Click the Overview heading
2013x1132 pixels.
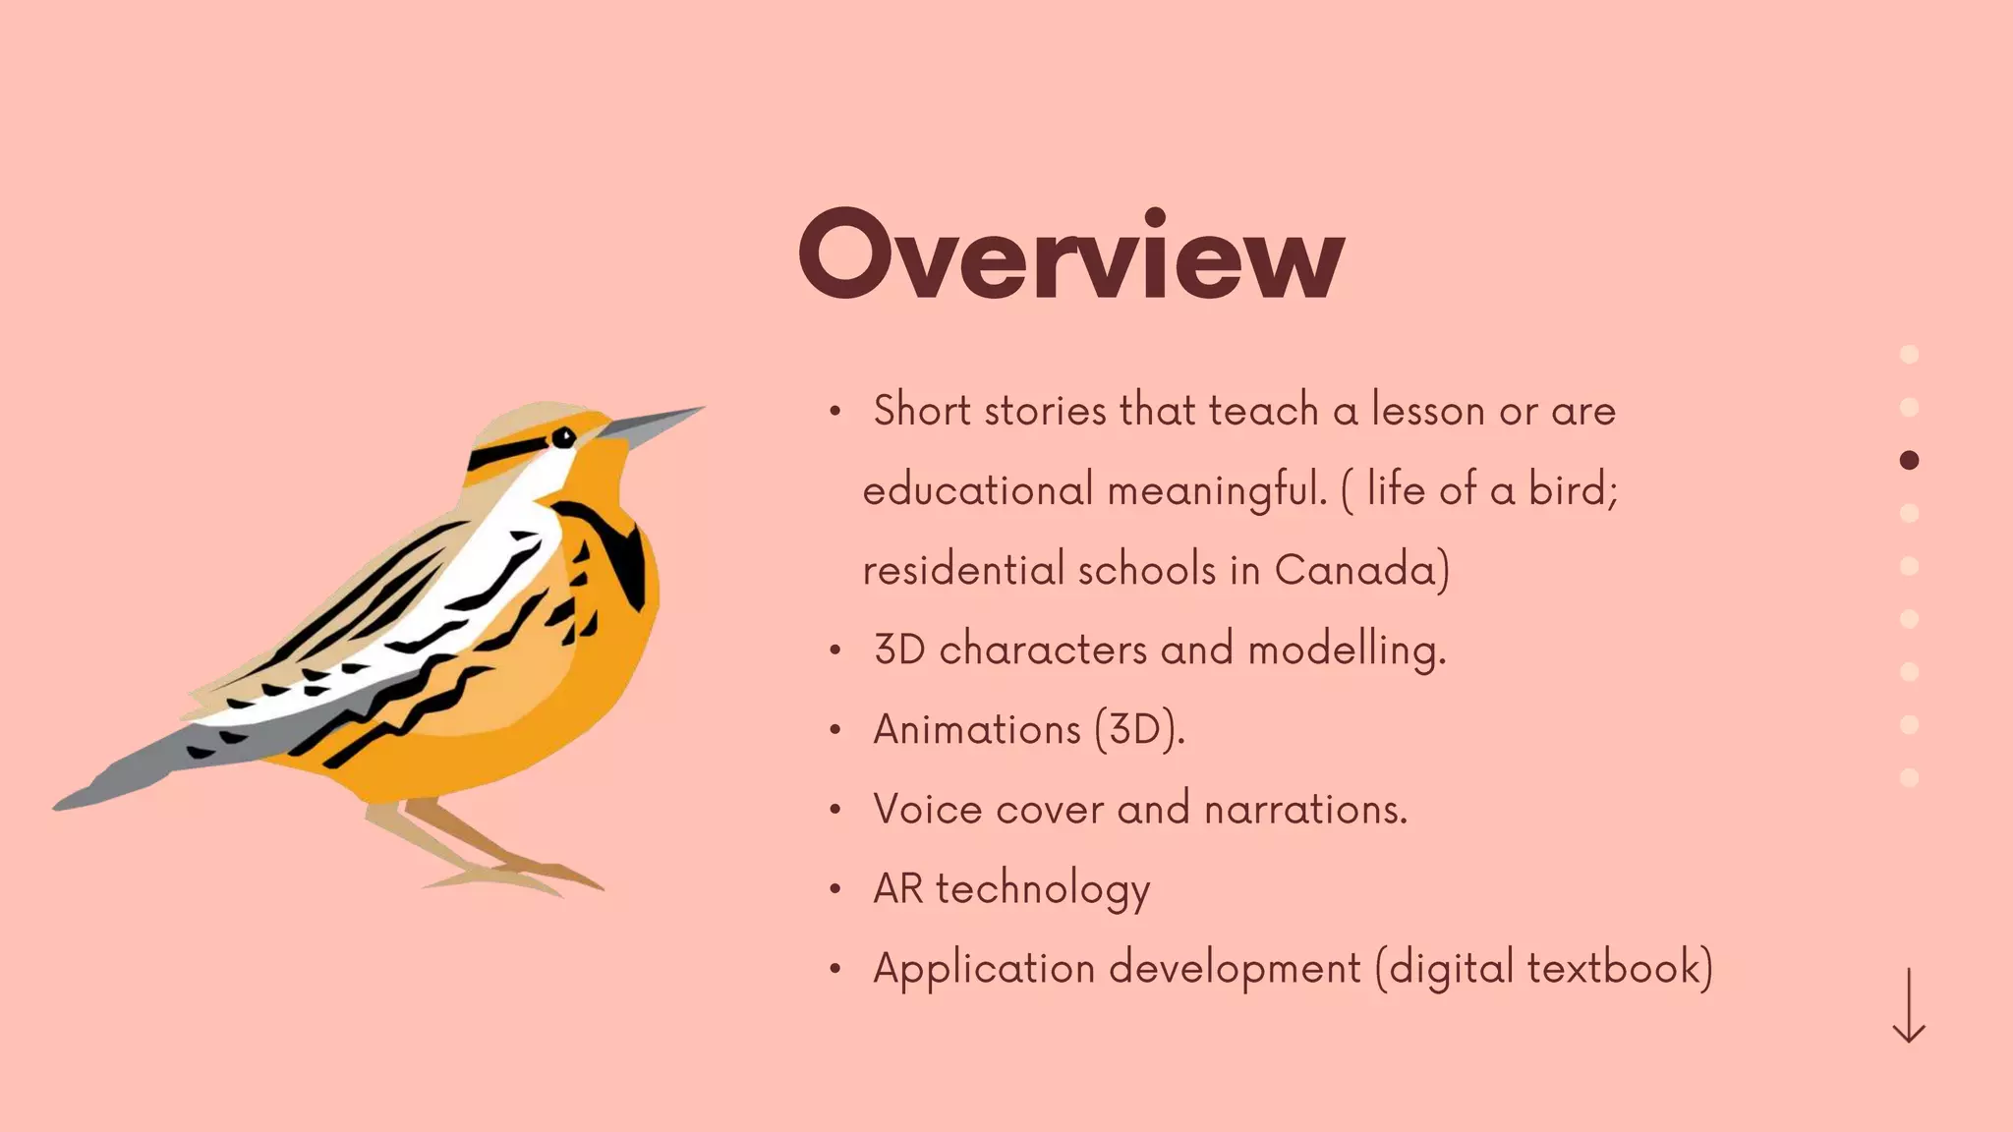(x=1071, y=255)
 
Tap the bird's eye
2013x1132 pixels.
(x=563, y=438)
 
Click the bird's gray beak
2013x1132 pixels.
(x=654, y=424)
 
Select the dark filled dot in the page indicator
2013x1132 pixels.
(x=1909, y=460)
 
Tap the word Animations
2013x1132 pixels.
(x=977, y=730)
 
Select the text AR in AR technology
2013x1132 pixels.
(x=897, y=888)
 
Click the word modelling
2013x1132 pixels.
(x=1347, y=651)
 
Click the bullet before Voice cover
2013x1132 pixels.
(x=834, y=811)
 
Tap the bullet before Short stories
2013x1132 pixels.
(x=834, y=412)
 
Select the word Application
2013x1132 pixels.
(x=984, y=969)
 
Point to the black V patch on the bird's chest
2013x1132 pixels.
(x=619, y=550)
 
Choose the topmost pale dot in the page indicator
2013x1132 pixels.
(x=1909, y=354)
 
